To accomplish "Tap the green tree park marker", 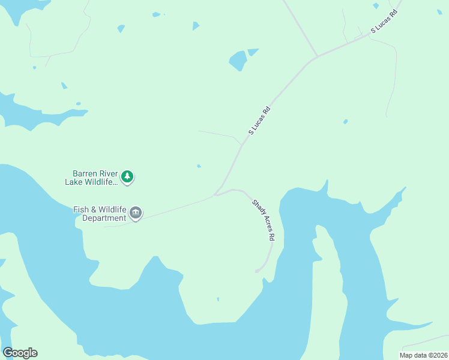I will pos(127,176).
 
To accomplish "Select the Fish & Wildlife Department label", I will pos(100,214).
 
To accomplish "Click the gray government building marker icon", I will pos(136,214).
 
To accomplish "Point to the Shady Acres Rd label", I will pos(263,220).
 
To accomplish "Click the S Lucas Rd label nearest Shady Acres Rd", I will pos(260,121).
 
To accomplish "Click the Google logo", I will pos(20,352).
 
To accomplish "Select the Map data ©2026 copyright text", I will pos(423,355).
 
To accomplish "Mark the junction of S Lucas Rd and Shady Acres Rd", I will pos(215,194).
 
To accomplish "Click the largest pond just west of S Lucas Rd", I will pos(238,60).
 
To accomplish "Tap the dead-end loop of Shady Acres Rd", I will pos(258,271).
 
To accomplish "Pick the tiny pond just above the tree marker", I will pos(199,166).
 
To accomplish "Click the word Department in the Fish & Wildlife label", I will pos(104,218).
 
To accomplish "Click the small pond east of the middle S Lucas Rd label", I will pos(345,122).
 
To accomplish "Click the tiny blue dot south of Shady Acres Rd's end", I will pos(218,299).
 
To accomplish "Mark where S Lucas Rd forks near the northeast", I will pos(316,58).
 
